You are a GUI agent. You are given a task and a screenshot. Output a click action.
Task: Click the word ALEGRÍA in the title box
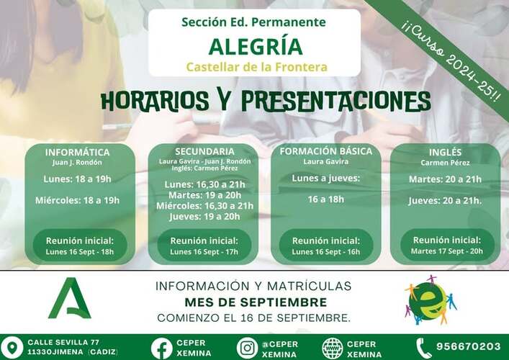(256, 46)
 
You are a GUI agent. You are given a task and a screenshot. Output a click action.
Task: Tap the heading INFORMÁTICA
(77, 152)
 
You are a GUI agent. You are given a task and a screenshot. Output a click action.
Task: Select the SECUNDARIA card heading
(204, 151)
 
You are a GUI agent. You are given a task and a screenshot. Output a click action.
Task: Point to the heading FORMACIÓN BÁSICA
(326, 151)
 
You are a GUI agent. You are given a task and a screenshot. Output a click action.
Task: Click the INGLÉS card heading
(445, 152)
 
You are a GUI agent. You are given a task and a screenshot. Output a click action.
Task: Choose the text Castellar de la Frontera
(256, 67)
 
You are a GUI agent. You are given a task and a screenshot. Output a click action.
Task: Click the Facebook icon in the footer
(161, 348)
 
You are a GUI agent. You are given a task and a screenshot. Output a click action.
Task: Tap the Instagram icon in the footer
(247, 348)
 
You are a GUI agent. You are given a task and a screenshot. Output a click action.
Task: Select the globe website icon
(332, 348)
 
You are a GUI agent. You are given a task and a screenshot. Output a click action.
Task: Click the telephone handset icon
(423, 348)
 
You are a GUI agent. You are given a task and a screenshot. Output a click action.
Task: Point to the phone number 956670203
(469, 346)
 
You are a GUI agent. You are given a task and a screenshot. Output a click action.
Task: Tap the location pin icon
(12, 347)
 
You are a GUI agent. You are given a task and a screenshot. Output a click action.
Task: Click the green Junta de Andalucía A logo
(70, 298)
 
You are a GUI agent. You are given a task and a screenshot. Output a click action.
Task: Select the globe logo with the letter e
(430, 300)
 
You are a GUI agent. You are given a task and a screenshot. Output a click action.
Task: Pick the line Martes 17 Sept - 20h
(446, 251)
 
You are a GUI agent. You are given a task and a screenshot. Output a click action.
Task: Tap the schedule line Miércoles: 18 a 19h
(77, 200)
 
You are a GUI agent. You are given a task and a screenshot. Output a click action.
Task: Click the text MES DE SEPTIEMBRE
(256, 302)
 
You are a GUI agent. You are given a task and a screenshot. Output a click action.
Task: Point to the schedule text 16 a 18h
(326, 199)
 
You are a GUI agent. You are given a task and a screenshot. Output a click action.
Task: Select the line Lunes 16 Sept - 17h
(204, 251)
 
